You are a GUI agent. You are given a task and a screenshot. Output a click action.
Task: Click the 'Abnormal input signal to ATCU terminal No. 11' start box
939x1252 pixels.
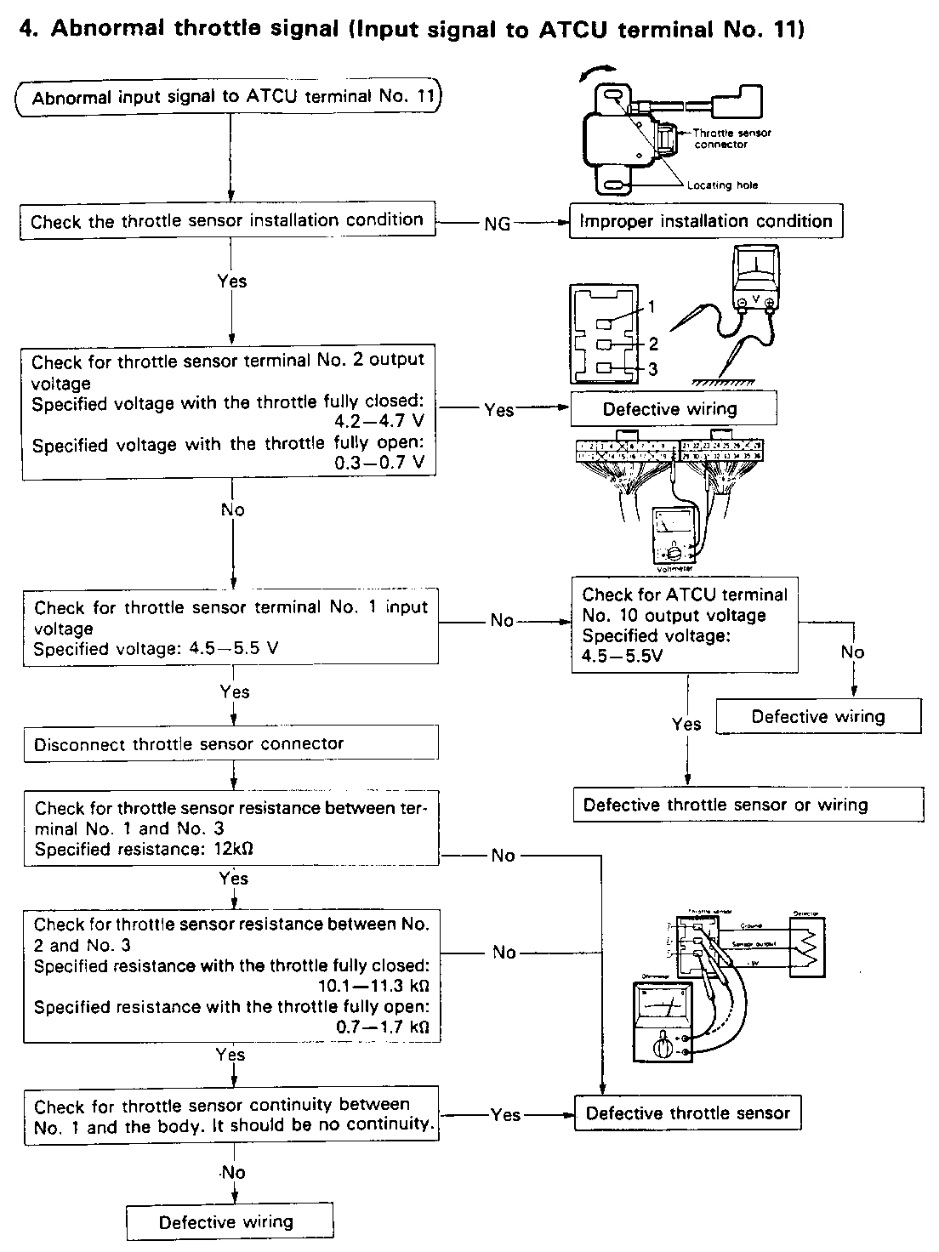(x=230, y=97)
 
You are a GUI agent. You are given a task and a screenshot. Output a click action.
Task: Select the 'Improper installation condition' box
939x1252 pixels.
(x=705, y=221)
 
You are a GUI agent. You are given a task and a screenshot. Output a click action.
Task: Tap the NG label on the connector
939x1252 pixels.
(x=498, y=223)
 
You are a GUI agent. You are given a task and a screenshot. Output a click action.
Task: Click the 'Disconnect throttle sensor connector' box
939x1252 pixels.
(x=230, y=743)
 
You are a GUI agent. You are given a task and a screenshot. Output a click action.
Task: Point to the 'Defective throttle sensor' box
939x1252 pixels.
(x=687, y=1113)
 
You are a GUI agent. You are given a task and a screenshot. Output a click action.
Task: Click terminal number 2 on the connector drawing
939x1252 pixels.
(x=653, y=344)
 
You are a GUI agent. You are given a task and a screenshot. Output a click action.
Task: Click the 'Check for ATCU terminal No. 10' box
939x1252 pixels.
(x=686, y=624)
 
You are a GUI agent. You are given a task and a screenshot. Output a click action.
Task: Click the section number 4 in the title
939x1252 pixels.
(x=28, y=29)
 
